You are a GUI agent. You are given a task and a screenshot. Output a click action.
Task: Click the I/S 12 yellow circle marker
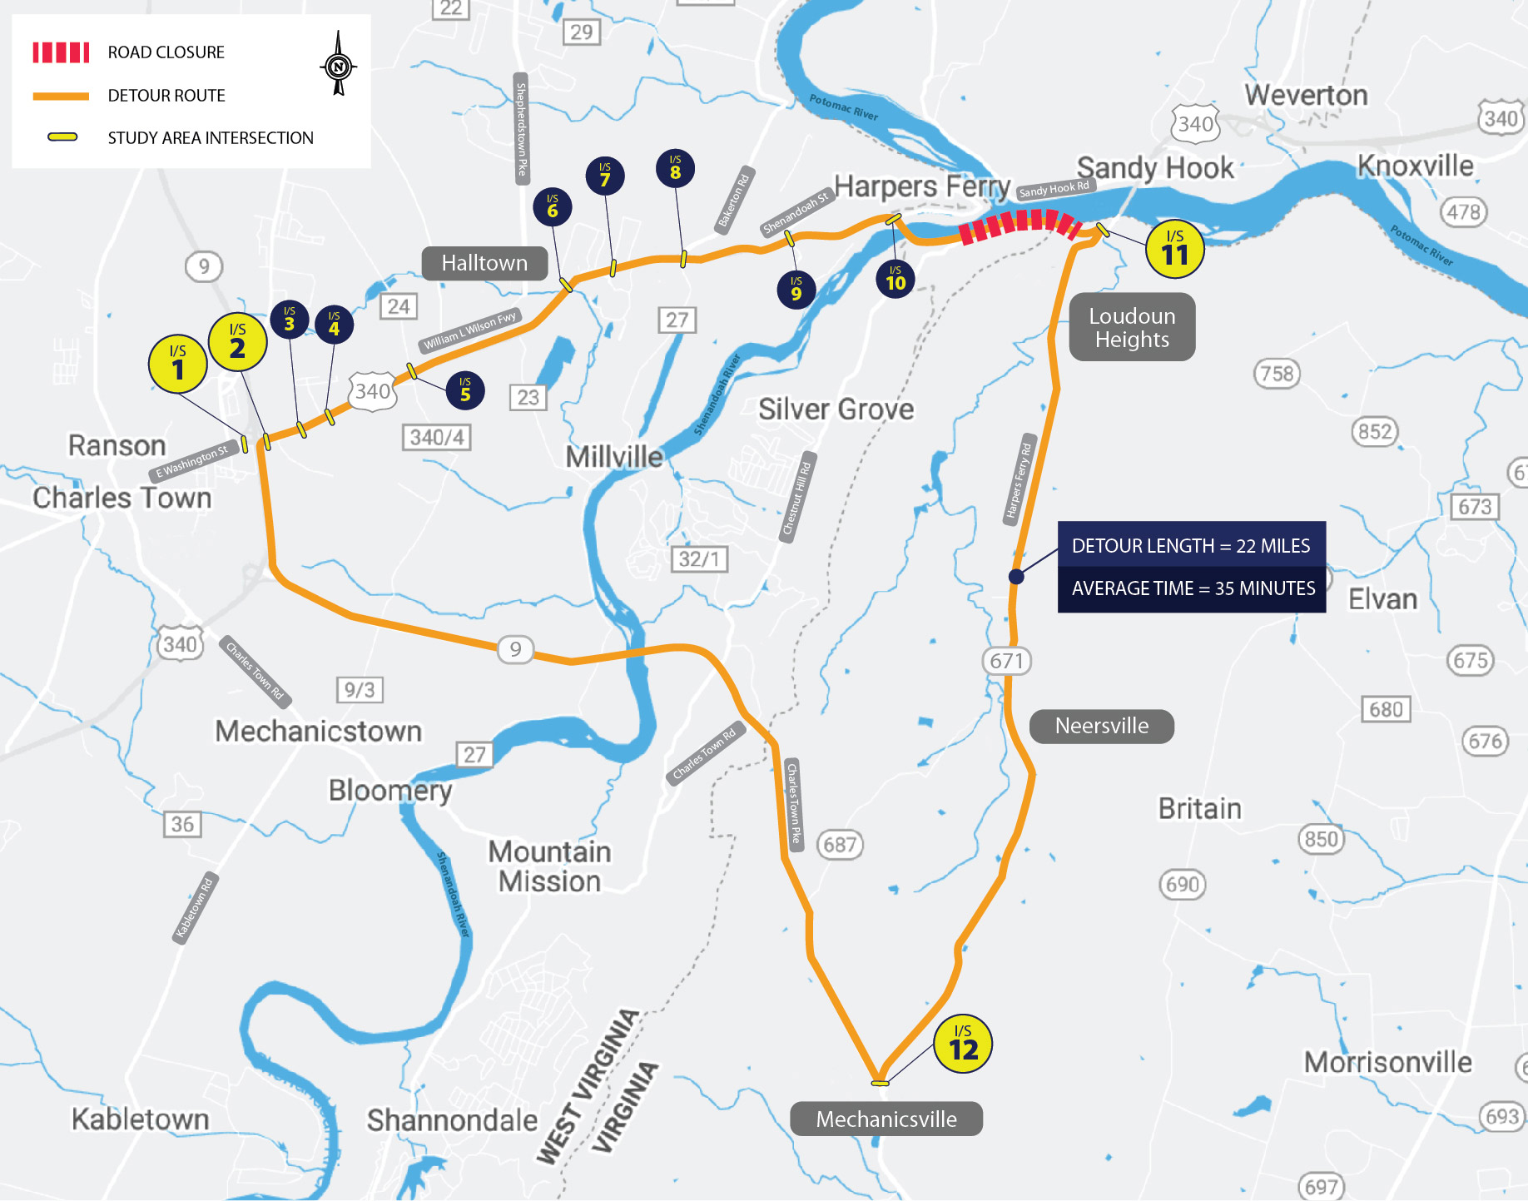coord(963,1044)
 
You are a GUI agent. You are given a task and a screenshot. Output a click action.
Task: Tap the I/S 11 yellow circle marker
coord(1174,249)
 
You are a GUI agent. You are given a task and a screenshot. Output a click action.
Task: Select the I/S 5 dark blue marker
coord(465,390)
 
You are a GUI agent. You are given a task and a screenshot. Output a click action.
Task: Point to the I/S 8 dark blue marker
coord(675,169)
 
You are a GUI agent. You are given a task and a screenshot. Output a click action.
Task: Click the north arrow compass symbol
coord(338,64)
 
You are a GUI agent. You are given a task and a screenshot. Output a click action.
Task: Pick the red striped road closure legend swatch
coord(61,52)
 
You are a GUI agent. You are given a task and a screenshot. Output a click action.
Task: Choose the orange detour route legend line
coord(61,96)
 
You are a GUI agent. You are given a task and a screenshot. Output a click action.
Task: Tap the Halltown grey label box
coord(484,263)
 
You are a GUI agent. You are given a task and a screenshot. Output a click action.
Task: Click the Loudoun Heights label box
coord(1132,327)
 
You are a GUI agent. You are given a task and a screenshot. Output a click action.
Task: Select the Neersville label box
coord(1101,726)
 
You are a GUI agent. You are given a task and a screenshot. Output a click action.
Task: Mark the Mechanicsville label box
coord(886,1119)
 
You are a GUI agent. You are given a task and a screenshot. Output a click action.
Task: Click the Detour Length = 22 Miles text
coord(1190,546)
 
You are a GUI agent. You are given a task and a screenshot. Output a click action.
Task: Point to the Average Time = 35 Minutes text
coord(1193,588)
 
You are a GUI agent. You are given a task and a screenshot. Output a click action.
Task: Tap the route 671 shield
coord(1006,661)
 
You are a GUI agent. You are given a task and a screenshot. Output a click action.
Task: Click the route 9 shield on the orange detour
coord(515,649)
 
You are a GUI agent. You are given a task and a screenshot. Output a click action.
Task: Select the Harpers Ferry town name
coord(921,186)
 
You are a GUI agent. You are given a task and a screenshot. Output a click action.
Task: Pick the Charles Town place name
coord(122,498)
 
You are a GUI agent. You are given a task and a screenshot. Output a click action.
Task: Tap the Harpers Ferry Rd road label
coord(1019,480)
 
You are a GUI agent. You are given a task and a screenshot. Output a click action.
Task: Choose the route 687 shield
coord(840,845)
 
